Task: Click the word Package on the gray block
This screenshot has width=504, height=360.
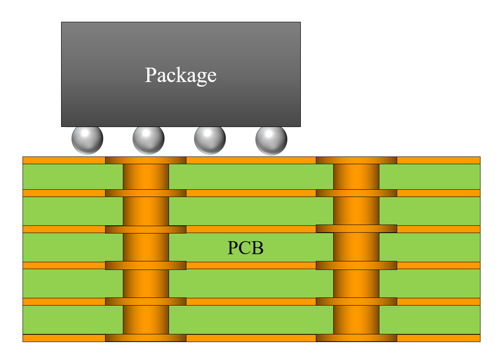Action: (180, 75)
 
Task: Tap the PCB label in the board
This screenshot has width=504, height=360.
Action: (245, 248)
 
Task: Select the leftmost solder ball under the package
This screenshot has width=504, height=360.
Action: (87, 139)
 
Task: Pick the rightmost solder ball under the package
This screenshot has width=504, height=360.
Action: (271, 139)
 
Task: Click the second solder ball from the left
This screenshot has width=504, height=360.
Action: (149, 139)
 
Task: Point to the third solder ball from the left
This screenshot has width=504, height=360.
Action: (210, 139)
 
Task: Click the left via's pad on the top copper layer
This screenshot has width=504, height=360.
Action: (146, 160)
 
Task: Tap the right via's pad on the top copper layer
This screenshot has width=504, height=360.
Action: (356, 160)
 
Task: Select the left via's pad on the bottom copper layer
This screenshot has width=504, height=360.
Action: (146, 338)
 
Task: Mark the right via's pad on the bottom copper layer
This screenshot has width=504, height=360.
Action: (356, 338)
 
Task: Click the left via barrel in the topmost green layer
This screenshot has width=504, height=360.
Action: (146, 177)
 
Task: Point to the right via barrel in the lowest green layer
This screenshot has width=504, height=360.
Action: (356, 320)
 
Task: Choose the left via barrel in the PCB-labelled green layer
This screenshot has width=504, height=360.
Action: (146, 247)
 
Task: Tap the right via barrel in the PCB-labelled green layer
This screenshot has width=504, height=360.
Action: (356, 247)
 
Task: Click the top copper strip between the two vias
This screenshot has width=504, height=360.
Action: (251, 160)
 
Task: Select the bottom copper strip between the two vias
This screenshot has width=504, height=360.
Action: (251, 338)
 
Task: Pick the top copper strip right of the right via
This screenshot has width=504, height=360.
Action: (438, 160)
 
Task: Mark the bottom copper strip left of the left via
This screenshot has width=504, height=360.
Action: (64, 338)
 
